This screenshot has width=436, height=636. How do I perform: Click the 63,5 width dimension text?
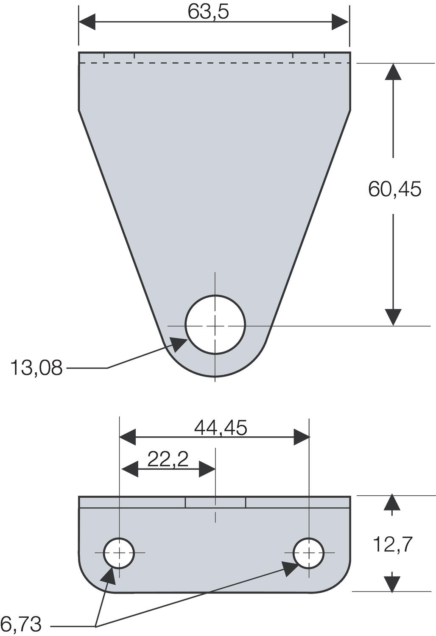(208, 12)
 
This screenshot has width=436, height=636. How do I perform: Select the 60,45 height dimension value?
(394, 189)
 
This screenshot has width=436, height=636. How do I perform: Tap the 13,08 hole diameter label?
(36, 368)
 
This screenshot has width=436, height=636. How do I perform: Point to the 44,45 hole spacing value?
(221, 428)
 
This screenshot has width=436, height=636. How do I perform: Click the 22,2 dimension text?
(168, 459)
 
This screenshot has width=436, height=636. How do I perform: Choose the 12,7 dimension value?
(392, 544)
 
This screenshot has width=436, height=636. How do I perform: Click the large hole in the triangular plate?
(215, 325)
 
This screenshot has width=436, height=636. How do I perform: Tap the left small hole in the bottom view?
(119, 552)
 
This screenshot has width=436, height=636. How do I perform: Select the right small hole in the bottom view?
(309, 552)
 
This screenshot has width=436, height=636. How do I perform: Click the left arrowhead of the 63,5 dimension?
(87, 22)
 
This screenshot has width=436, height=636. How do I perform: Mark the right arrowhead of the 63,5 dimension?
(341, 22)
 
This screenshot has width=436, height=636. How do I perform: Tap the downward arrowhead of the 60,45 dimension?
(393, 317)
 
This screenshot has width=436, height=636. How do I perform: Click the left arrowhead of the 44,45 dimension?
(127, 437)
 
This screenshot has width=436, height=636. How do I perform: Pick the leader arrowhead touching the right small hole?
(290, 568)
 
